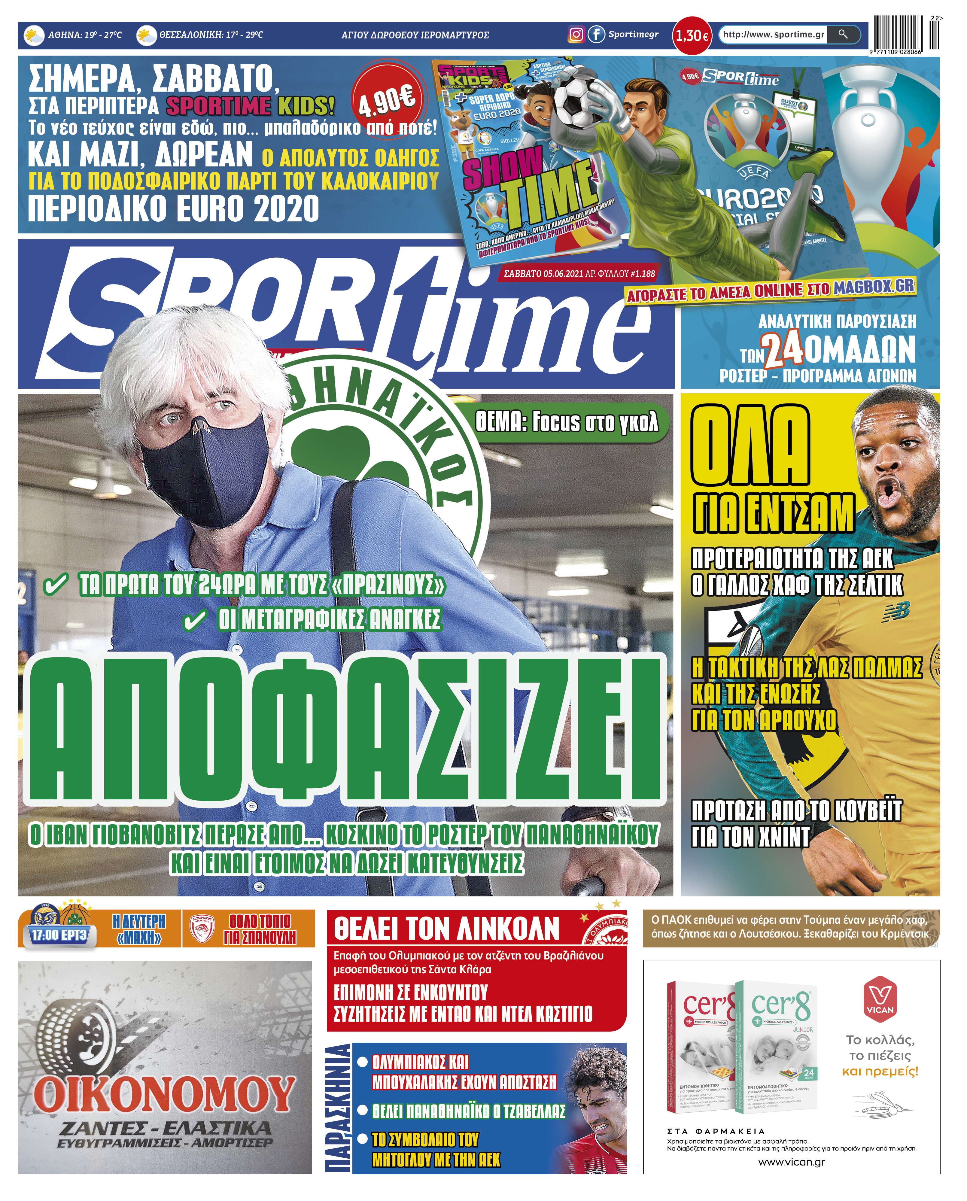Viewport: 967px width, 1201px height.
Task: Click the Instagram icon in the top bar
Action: click(x=576, y=35)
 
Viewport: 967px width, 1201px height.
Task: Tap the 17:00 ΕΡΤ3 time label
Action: click(x=59, y=935)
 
